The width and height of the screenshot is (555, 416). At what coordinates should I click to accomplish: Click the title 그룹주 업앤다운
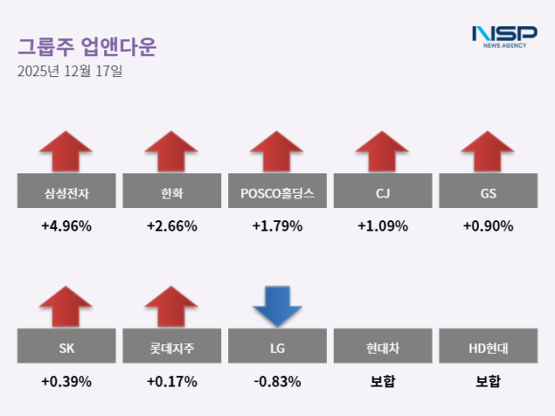pyautogui.click(x=87, y=46)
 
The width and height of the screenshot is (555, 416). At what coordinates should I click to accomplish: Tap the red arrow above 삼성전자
pyautogui.click(x=66, y=152)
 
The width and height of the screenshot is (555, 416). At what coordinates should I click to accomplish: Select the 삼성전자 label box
pyautogui.click(x=66, y=192)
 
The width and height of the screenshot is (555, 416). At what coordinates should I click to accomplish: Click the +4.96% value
pyautogui.click(x=66, y=227)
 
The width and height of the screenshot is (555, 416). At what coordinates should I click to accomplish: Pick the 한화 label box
pyautogui.click(x=172, y=192)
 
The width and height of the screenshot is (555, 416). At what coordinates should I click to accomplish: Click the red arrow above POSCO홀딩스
pyautogui.click(x=277, y=152)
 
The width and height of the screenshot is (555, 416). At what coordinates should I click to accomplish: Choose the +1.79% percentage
pyautogui.click(x=277, y=227)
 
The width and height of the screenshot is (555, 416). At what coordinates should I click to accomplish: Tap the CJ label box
pyautogui.click(x=382, y=192)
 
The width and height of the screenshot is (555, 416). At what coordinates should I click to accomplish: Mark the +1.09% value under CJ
pyautogui.click(x=382, y=227)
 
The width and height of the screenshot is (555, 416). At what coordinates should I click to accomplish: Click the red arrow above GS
pyautogui.click(x=488, y=152)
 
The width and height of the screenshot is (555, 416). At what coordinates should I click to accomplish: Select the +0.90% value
pyautogui.click(x=488, y=227)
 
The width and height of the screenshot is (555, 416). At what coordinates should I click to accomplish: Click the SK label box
pyautogui.click(x=66, y=348)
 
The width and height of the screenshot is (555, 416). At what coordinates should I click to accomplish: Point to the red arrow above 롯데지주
pyautogui.click(x=172, y=307)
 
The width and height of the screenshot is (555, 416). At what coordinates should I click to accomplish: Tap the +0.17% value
pyautogui.click(x=172, y=381)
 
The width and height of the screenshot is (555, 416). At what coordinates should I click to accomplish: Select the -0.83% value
pyautogui.click(x=277, y=381)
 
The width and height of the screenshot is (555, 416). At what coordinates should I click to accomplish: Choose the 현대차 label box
pyautogui.click(x=382, y=348)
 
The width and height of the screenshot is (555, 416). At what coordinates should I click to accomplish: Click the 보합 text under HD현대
pyautogui.click(x=488, y=381)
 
